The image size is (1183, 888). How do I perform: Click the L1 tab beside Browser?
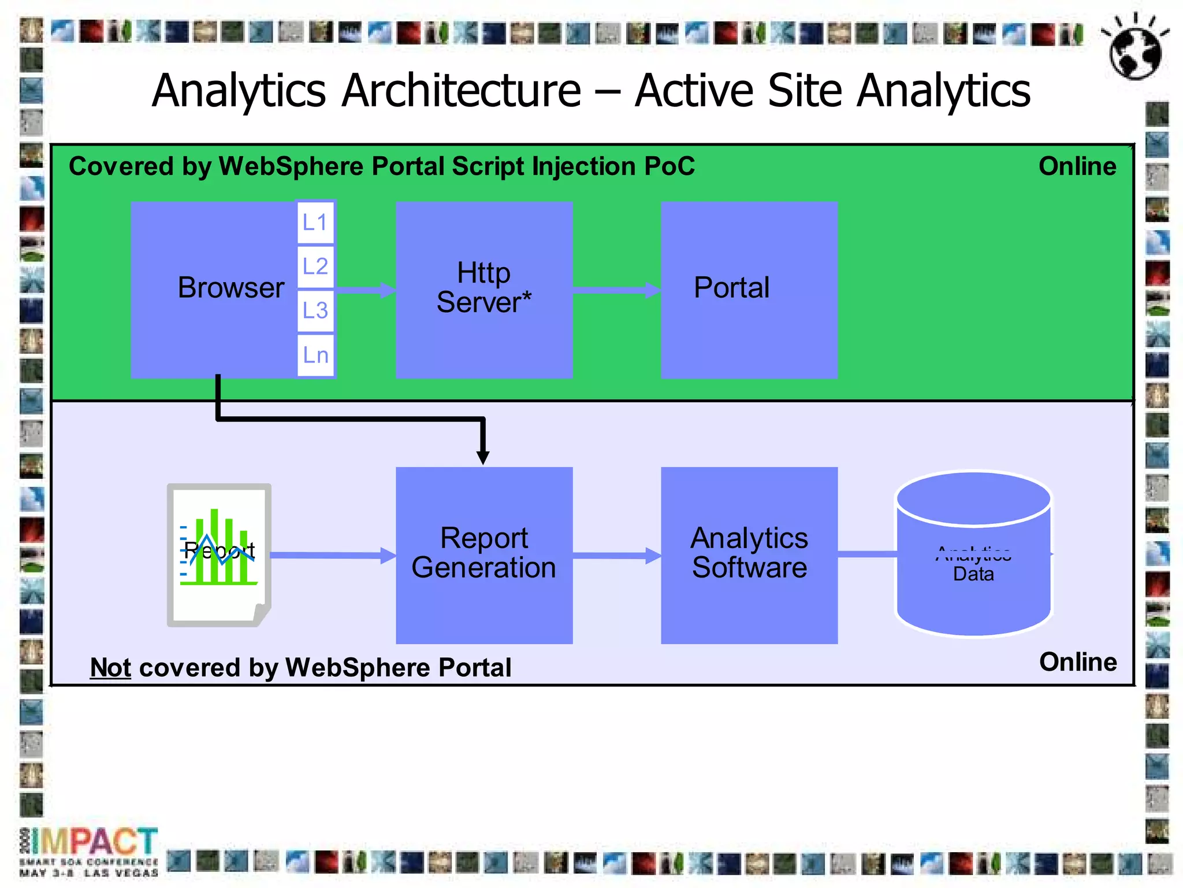click(x=315, y=222)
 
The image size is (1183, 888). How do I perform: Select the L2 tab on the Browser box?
click(x=315, y=267)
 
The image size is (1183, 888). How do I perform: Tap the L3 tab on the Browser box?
click(x=315, y=310)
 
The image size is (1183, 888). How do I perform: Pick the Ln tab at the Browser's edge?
click(x=315, y=355)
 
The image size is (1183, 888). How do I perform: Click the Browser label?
click(x=230, y=287)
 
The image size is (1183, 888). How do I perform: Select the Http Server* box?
click(x=484, y=289)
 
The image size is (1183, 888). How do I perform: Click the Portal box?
click(x=749, y=289)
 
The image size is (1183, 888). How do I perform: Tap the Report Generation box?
click(x=484, y=554)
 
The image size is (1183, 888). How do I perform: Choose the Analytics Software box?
click(x=749, y=554)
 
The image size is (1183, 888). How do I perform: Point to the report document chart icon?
click(x=219, y=554)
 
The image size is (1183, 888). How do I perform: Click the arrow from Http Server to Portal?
click(x=616, y=290)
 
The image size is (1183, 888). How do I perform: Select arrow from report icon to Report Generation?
click(x=332, y=555)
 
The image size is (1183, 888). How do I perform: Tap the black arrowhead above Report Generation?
click(x=483, y=457)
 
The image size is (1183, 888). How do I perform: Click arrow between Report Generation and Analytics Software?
click(x=616, y=556)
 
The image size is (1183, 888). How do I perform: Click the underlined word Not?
click(x=110, y=668)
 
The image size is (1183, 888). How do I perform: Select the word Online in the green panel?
click(x=1077, y=166)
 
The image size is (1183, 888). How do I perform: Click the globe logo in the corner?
click(x=1135, y=49)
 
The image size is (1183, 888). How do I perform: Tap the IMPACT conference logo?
click(x=90, y=850)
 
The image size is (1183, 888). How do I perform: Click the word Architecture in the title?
click(x=461, y=91)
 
